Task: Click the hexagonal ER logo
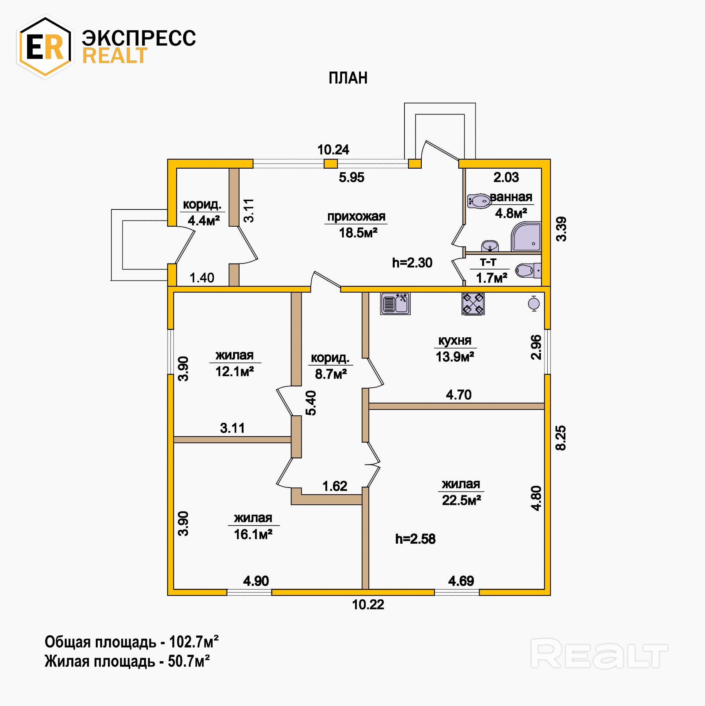45,46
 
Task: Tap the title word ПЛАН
348,78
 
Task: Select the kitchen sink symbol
395,304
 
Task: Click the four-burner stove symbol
473,304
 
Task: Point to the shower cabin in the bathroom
526,237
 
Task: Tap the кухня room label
455,340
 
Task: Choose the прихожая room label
356,216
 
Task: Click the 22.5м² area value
461,500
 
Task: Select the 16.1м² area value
253,534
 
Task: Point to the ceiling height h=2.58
415,539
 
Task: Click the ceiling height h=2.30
412,262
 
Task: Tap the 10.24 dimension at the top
333,149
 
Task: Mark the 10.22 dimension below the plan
368,604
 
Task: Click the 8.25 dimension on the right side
561,438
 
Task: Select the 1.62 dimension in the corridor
335,486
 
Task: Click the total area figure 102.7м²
193,642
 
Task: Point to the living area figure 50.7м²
189,661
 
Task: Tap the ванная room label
511,197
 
